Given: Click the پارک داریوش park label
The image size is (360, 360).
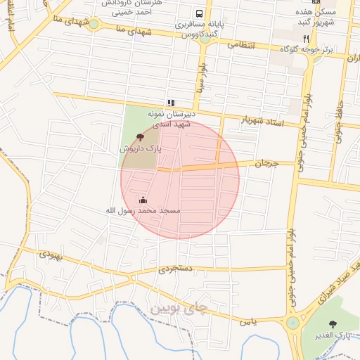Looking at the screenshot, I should pyautogui.click(x=140, y=149).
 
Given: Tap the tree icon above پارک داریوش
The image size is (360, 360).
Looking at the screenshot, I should pyautogui.click(x=140, y=137).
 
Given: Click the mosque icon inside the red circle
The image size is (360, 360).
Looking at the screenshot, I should pyautogui.click(x=143, y=200).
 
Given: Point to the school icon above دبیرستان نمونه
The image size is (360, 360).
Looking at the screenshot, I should pyautogui.click(x=171, y=103).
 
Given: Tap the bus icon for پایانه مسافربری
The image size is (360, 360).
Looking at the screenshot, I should pyautogui.click(x=200, y=13).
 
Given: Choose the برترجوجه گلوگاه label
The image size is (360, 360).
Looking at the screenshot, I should pyautogui.click(x=285, y=50).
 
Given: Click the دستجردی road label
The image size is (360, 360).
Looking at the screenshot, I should pyautogui.click(x=173, y=268).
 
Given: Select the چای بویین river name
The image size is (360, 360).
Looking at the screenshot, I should pyautogui.click(x=179, y=308).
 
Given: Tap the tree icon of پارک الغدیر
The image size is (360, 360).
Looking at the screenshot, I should pyautogui.click(x=333, y=324).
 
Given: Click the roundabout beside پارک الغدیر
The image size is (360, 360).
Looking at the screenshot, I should pyautogui.click(x=292, y=323).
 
